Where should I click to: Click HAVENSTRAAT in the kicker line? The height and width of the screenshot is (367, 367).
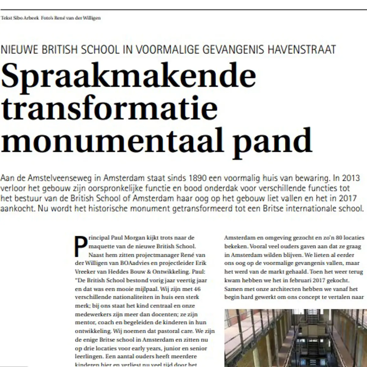(x=302, y=49)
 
